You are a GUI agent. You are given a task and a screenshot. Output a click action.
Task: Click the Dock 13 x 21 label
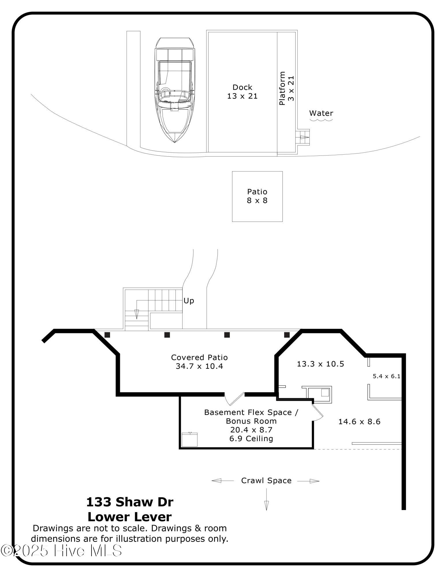point(242,92)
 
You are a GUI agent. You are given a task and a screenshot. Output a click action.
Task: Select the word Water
point(321,113)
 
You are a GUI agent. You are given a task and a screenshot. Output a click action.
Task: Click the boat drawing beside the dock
point(174,89)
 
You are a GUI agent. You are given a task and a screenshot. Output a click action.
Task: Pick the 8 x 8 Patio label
point(257,196)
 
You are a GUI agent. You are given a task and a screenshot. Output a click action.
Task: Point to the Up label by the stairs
point(189,301)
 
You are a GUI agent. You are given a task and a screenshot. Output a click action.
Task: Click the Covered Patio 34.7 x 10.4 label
point(199,362)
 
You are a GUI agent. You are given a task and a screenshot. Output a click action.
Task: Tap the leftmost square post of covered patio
point(107,335)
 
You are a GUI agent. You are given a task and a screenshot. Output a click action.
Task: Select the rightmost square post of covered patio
point(287,335)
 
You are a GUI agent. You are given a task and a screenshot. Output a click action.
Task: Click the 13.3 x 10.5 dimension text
point(320,364)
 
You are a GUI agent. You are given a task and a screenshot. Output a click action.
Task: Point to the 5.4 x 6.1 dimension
point(387,376)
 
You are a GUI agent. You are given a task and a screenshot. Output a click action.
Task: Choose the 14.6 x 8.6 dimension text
point(359,422)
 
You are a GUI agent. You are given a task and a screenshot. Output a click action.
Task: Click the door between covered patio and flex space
point(234,398)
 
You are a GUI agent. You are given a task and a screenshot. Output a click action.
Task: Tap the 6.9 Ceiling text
point(251,439)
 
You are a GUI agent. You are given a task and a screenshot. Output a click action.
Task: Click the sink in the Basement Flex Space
point(190,439)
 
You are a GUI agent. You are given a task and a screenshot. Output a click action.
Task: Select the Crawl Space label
point(266,481)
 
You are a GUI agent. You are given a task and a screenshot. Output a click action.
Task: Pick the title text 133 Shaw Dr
point(130,502)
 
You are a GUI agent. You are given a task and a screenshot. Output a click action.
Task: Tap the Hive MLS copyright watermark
point(61,551)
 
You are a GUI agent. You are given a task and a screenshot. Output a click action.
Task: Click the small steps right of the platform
point(303,137)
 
